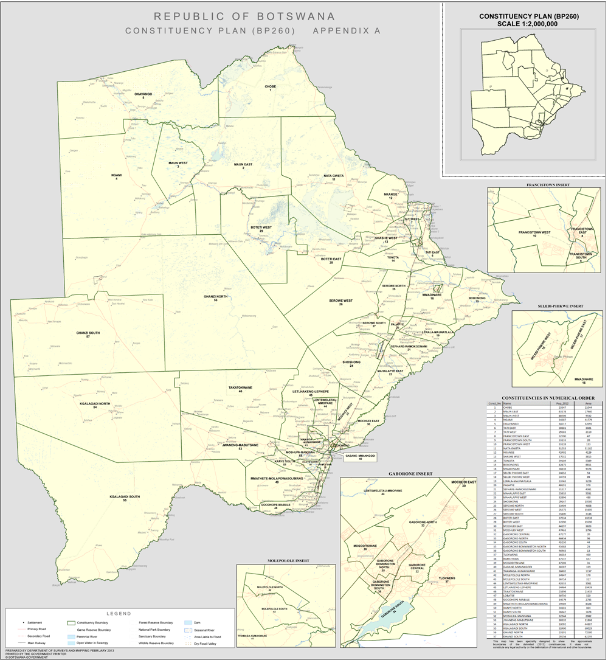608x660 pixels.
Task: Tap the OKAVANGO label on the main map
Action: pos(143,94)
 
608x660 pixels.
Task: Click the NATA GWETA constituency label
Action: pos(334,176)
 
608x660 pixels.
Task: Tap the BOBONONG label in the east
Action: pos(477,298)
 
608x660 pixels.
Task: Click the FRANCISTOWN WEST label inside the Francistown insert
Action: pos(534,232)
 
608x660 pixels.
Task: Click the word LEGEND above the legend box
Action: pos(119,613)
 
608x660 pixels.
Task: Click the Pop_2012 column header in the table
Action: pos(556,403)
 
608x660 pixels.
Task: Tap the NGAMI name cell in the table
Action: pos(506,419)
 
